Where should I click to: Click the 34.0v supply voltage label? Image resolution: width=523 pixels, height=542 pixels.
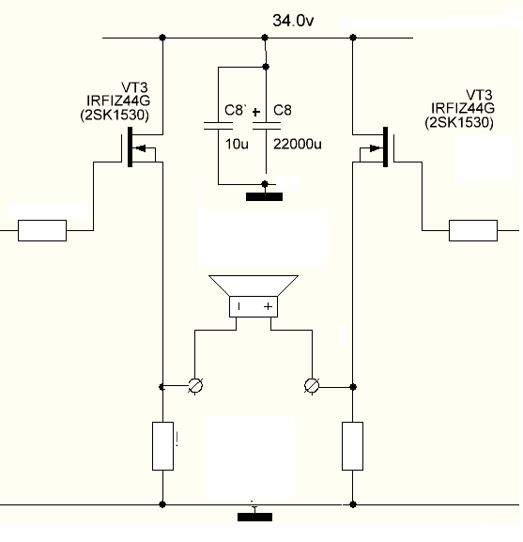pos(293,21)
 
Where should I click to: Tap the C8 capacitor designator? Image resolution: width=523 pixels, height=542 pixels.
pos(283,110)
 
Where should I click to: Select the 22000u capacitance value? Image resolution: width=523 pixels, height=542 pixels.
pos(297,144)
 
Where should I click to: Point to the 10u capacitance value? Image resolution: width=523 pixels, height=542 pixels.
pos(237,144)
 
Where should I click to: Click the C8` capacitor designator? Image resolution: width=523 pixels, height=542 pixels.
pos(235,110)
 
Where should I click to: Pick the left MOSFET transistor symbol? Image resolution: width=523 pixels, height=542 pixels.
pos(138,147)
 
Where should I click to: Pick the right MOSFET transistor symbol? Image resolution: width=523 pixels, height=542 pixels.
pos(377,147)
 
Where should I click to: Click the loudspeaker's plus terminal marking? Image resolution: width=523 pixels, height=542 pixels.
pos(268,306)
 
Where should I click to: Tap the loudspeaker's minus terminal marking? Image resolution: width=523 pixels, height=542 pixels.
pos(239,306)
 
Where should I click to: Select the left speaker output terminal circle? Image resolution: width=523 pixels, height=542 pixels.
pos(195,386)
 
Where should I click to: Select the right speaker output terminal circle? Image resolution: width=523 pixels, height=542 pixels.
pos(312,386)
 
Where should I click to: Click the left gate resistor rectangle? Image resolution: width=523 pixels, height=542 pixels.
pos(42,230)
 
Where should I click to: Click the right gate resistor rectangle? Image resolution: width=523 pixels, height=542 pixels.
pos(473,230)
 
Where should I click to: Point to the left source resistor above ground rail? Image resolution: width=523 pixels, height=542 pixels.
pos(162,446)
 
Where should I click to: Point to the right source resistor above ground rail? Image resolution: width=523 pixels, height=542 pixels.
pos(352,446)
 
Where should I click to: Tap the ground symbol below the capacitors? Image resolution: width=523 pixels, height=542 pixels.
pos(264,196)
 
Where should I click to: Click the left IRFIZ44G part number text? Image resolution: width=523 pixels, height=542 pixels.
pos(118,101)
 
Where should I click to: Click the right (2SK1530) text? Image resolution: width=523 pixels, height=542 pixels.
pos(459,122)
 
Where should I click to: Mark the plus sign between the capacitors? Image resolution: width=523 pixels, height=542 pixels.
pos(256,112)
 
